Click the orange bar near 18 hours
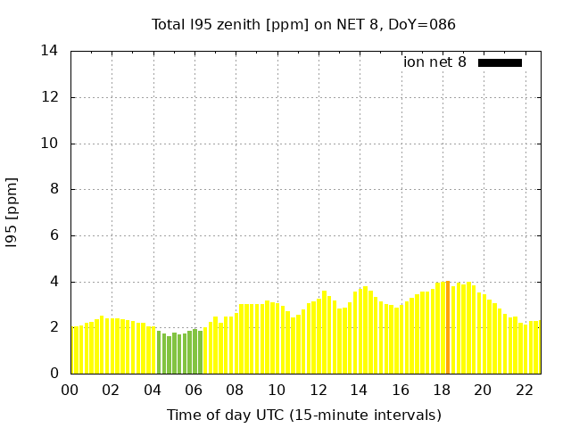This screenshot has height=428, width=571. coord(448,328)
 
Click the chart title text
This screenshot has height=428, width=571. coord(303,24)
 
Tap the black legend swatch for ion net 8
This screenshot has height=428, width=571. coord(500,62)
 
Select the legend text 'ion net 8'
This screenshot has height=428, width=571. coord(434,62)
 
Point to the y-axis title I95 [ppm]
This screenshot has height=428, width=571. coord(12,212)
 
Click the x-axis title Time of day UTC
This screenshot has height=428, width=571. coord(303,415)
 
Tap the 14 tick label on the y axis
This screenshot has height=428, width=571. coord(49,51)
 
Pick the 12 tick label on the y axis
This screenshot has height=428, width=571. coord(49,97)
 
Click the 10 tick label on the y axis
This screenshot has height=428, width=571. coord(49,144)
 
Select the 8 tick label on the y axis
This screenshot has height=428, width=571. coord(54,189)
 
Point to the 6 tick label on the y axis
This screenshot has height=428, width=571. coord(54,235)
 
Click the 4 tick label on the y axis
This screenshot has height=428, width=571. coord(54,282)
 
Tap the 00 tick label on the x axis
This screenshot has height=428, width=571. coord(70,390)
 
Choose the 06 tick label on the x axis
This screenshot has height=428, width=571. coord(194,390)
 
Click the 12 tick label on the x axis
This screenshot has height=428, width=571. coord(318,390)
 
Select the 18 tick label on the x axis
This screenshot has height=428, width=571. coord(441,390)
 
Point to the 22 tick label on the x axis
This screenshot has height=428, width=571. coord(524,390)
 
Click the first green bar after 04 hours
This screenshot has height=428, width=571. coord(159,352)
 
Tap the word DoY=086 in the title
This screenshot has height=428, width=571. coord(426,24)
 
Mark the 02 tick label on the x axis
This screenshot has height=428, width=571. coord(111,390)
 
